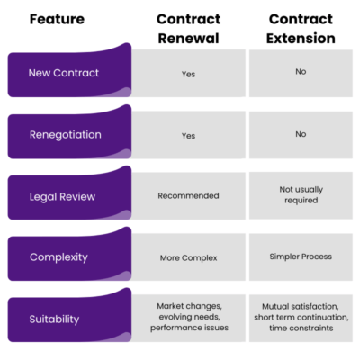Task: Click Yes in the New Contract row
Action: click(x=188, y=74)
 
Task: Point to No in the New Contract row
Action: click(x=301, y=71)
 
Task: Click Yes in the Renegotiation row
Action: click(x=188, y=135)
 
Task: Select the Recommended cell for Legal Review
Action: click(x=188, y=195)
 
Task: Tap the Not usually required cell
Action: click(x=301, y=194)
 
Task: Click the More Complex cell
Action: click(x=188, y=256)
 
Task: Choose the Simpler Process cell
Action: click(x=301, y=256)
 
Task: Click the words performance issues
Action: click(x=188, y=329)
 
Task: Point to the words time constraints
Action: click(x=301, y=329)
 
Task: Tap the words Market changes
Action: click(x=188, y=306)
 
